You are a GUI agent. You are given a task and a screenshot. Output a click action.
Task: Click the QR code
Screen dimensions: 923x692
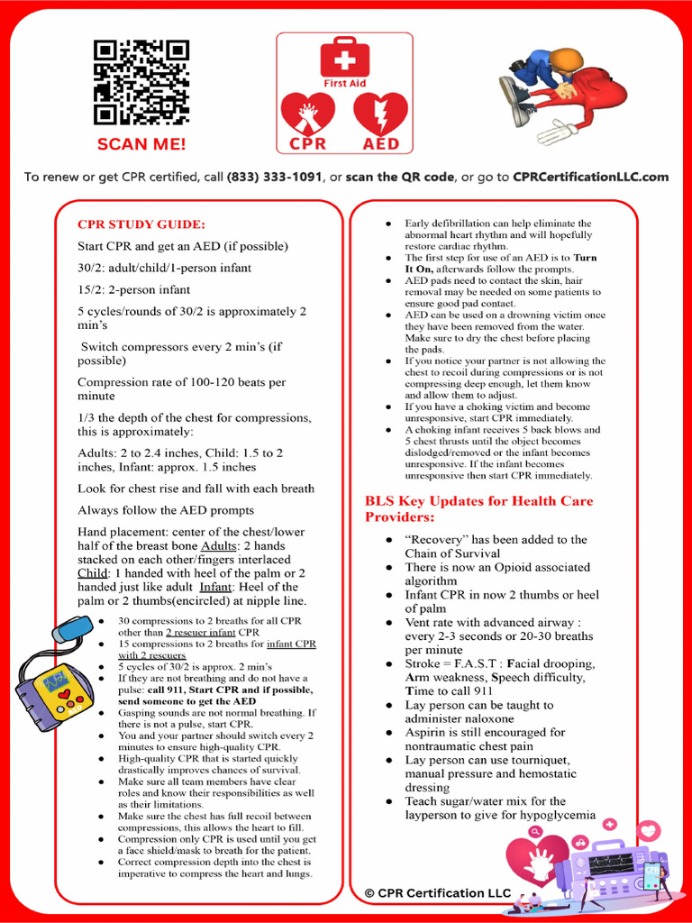click(141, 83)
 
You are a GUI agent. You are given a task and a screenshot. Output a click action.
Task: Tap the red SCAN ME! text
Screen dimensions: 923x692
click(141, 144)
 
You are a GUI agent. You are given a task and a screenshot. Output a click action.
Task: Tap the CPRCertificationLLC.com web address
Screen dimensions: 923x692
click(590, 177)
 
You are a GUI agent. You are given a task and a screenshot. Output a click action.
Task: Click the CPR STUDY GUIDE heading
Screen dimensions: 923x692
click(141, 224)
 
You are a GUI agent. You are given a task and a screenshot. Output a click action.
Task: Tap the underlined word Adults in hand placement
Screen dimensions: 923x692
click(219, 546)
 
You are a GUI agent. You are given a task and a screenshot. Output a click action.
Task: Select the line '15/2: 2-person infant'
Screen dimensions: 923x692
click(133, 289)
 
